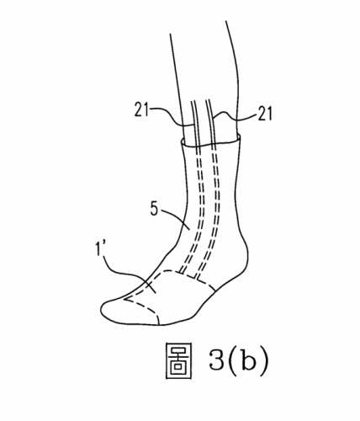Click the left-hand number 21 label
click(142, 109)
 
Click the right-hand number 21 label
click(264, 114)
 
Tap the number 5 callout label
click(155, 209)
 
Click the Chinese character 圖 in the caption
click(178, 361)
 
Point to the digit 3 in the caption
click(216, 360)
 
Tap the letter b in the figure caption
click(248, 360)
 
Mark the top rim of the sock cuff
click(210, 142)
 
